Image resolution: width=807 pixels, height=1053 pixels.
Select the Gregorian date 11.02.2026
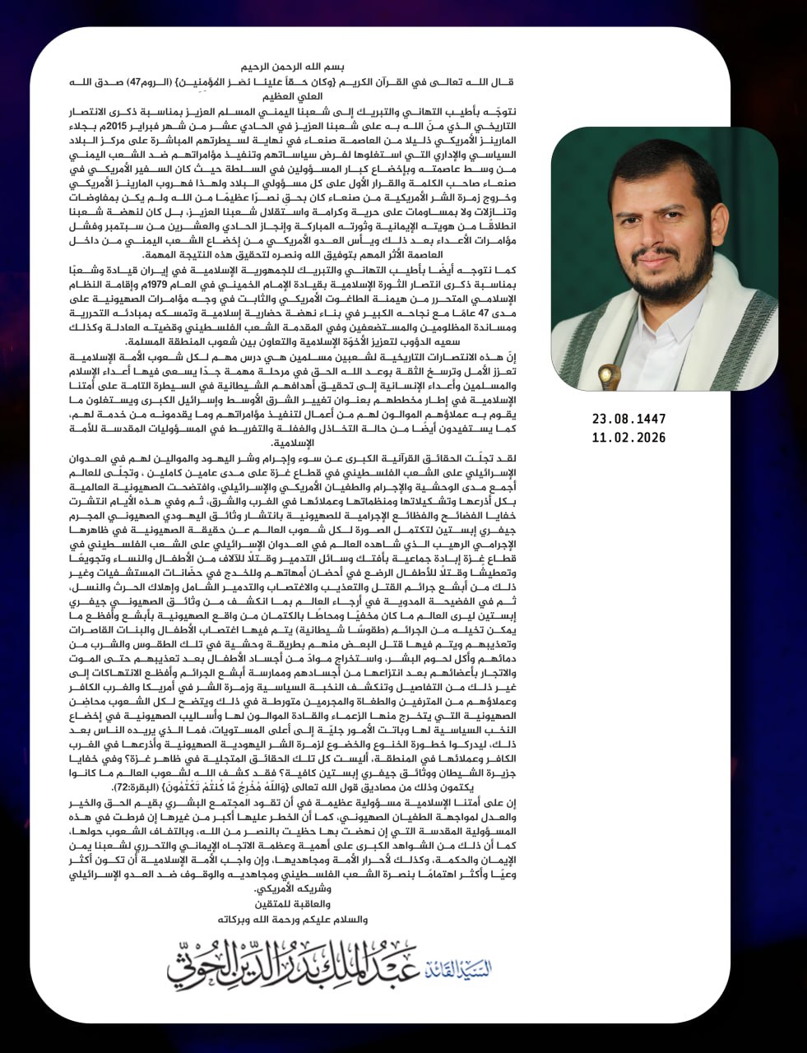628,438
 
